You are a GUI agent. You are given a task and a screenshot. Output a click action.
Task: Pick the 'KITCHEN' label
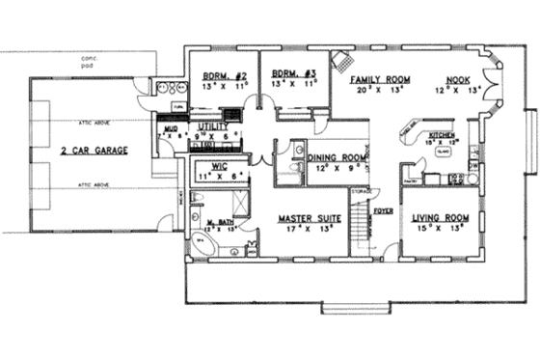click(442, 135)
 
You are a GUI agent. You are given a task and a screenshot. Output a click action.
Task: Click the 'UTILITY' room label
click(213, 126)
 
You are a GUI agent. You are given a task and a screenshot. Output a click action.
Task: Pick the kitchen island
click(445, 152)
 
